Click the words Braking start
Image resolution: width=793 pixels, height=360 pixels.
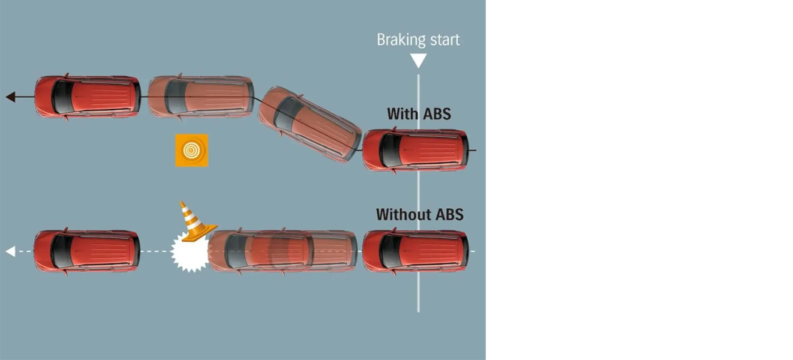tap(418, 40)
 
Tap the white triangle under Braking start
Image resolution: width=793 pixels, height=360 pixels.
tap(418, 60)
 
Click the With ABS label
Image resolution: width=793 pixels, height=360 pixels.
tap(419, 113)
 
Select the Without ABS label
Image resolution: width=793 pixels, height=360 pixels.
tap(419, 214)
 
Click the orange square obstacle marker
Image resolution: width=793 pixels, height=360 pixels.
tap(191, 150)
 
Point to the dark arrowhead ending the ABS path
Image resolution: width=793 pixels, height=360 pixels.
tap(10, 97)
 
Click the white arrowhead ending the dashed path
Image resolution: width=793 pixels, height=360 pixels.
tap(10, 251)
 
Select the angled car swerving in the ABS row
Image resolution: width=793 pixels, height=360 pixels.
tap(310, 124)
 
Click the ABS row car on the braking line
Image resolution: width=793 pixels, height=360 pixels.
tap(416, 150)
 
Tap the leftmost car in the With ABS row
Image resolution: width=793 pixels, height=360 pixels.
tap(88, 97)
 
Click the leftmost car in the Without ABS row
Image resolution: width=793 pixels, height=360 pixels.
tap(87, 251)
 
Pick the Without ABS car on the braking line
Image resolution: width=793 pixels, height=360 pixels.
tap(416, 251)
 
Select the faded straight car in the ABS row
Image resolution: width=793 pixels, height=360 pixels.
tap(200, 97)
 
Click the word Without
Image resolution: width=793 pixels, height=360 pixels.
tap(399, 214)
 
